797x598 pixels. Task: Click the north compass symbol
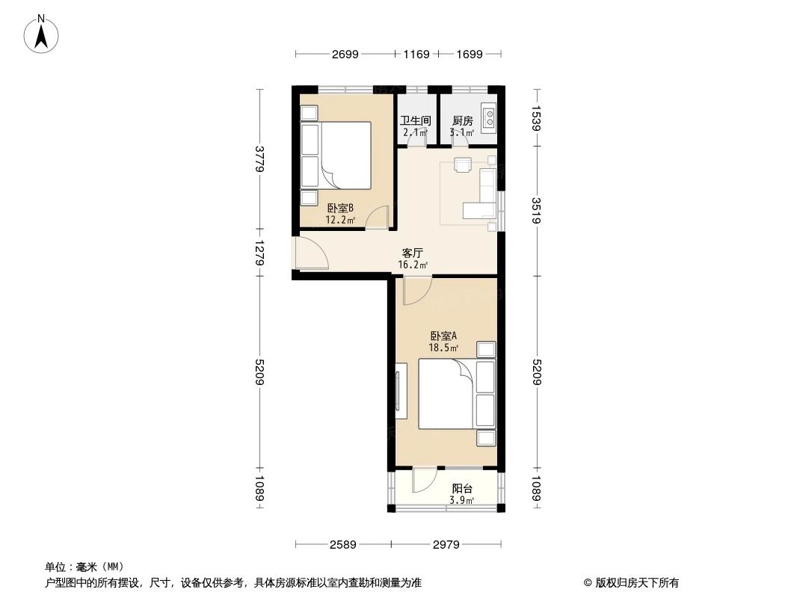43,34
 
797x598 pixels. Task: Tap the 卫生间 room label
415,120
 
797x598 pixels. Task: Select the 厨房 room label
462,120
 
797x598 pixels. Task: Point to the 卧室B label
340,209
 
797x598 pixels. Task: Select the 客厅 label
413,253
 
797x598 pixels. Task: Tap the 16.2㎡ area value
413,265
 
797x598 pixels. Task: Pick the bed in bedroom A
446,394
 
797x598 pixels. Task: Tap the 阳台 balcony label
461,489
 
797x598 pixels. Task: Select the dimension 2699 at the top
345,54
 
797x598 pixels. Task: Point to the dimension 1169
416,54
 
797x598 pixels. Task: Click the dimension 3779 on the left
260,158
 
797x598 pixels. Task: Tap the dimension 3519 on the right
536,210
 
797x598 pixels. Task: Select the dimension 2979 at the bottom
446,543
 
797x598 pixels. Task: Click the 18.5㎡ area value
443,347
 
